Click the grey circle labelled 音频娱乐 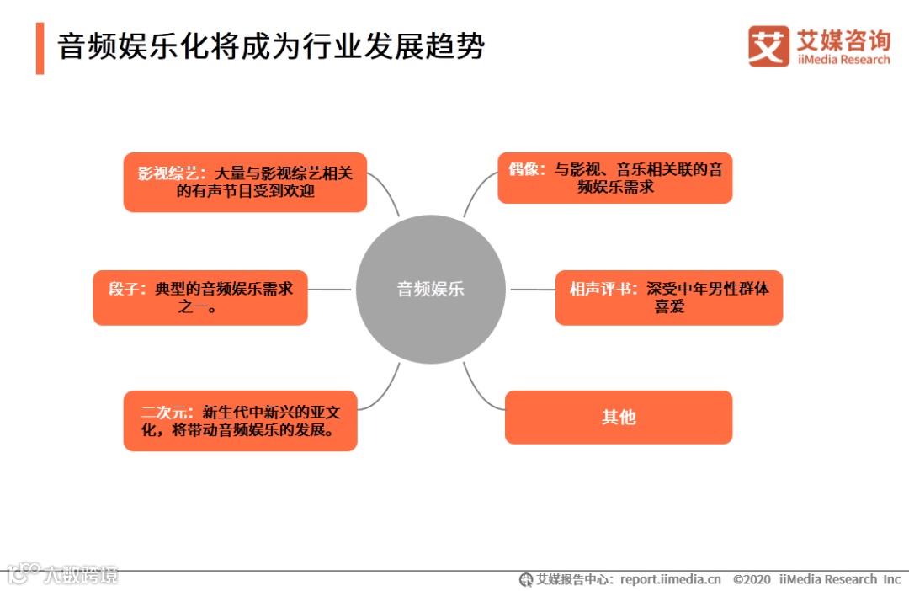coord(430,289)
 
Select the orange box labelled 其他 coord(619,417)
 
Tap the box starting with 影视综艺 coord(245,182)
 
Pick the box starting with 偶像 coord(614,178)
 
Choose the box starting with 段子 coord(200,297)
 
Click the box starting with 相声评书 coord(669,297)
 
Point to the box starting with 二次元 coord(241,420)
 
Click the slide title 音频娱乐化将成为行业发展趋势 coord(271,47)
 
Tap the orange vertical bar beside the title coord(40,48)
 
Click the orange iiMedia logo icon coord(768,45)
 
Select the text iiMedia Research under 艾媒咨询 coord(843,60)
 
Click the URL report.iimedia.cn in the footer coord(671,579)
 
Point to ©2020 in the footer coord(752,579)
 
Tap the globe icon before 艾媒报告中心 coord(526,579)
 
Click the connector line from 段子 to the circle coord(330,290)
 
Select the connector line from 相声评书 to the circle coord(532,290)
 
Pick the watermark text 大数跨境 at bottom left coord(82,575)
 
